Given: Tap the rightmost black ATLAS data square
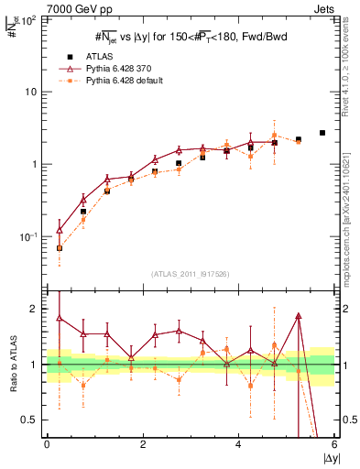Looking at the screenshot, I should [322, 133].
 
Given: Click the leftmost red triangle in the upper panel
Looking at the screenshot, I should [60, 230].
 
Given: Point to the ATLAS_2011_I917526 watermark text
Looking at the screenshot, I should [191, 274].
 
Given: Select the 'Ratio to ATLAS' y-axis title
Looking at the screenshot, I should [12, 365].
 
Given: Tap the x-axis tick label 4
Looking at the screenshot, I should [238, 444].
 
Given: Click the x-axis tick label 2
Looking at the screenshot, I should [143, 444].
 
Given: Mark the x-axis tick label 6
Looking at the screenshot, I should [334, 444].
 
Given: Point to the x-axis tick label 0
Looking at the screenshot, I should [47, 444].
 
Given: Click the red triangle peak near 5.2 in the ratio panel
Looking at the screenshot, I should [299, 316].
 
